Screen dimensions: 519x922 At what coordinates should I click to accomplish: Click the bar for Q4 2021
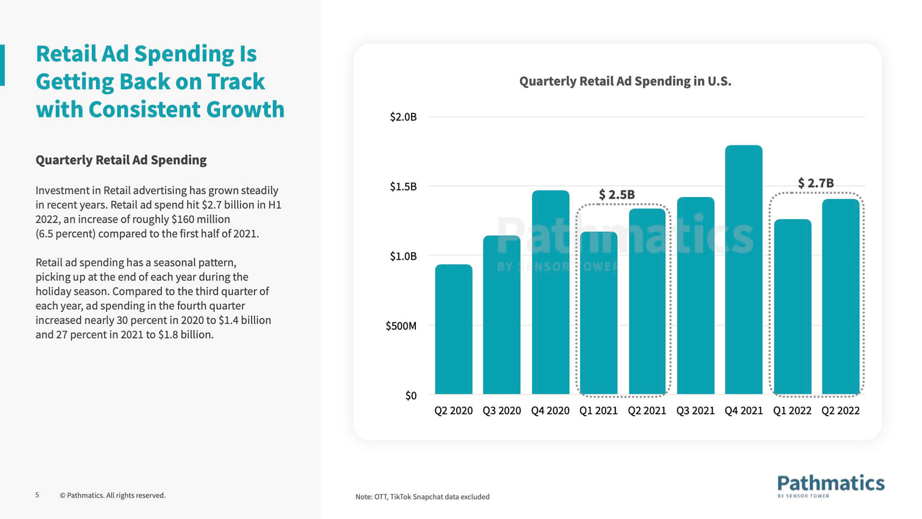(743, 269)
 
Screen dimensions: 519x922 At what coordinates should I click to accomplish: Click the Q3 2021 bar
(695, 295)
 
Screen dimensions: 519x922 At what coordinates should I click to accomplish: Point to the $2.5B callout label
(617, 195)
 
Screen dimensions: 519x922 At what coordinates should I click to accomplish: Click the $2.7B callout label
(815, 183)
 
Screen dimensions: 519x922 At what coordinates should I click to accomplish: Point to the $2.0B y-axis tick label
(403, 117)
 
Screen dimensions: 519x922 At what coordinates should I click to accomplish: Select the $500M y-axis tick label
(401, 326)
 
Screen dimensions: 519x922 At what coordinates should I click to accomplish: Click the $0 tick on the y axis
(411, 395)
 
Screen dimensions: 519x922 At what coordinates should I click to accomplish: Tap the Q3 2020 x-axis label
(501, 411)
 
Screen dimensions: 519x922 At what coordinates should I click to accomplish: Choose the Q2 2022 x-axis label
(840, 411)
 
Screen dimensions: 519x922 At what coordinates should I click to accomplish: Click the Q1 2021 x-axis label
(598, 411)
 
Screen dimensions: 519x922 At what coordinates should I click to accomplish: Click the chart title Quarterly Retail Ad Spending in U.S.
(625, 81)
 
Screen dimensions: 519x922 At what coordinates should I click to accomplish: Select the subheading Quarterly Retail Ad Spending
(121, 160)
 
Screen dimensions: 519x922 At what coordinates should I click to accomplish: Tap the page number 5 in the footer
(37, 495)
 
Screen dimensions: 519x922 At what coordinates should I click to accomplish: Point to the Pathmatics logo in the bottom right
(831, 485)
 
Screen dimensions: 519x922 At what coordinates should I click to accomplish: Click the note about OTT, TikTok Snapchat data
(422, 497)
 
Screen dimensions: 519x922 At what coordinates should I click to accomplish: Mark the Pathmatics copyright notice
(112, 495)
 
